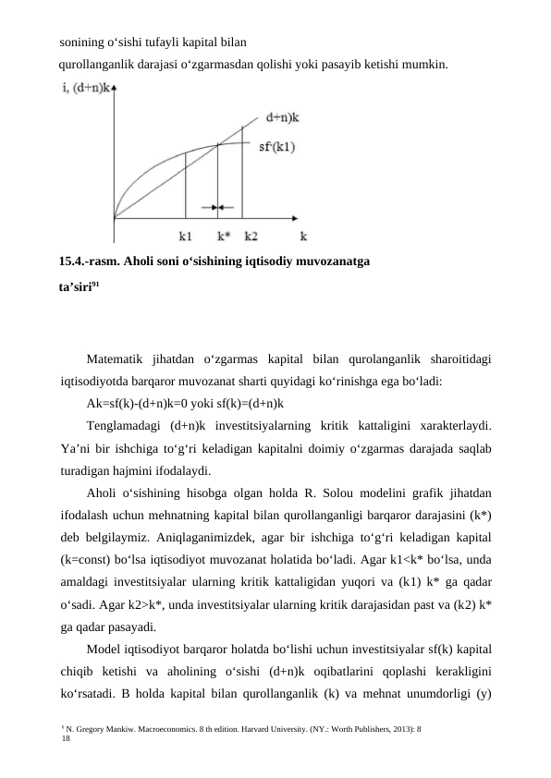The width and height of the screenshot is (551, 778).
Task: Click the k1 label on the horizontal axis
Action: pyautogui.click(x=186, y=236)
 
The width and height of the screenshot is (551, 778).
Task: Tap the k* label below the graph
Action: pyautogui.click(x=218, y=236)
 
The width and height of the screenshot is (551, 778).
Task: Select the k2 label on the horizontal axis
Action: pyautogui.click(x=251, y=236)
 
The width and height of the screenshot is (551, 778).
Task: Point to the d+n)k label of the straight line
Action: pyautogui.click(x=284, y=117)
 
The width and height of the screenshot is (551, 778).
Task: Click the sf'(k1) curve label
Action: pyautogui.click(x=276, y=146)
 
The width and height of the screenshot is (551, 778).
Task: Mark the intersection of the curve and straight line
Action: pyautogui.click(x=217, y=144)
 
